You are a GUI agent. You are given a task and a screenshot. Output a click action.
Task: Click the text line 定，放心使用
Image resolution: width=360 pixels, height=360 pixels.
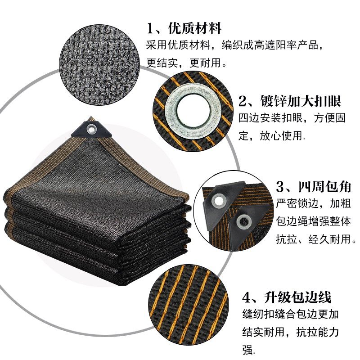coord(272,135)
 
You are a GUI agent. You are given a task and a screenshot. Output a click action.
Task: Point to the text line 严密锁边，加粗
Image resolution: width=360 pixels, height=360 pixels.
coord(310,203)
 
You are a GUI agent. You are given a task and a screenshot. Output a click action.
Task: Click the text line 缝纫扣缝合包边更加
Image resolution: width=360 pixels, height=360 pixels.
coord(290,315)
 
